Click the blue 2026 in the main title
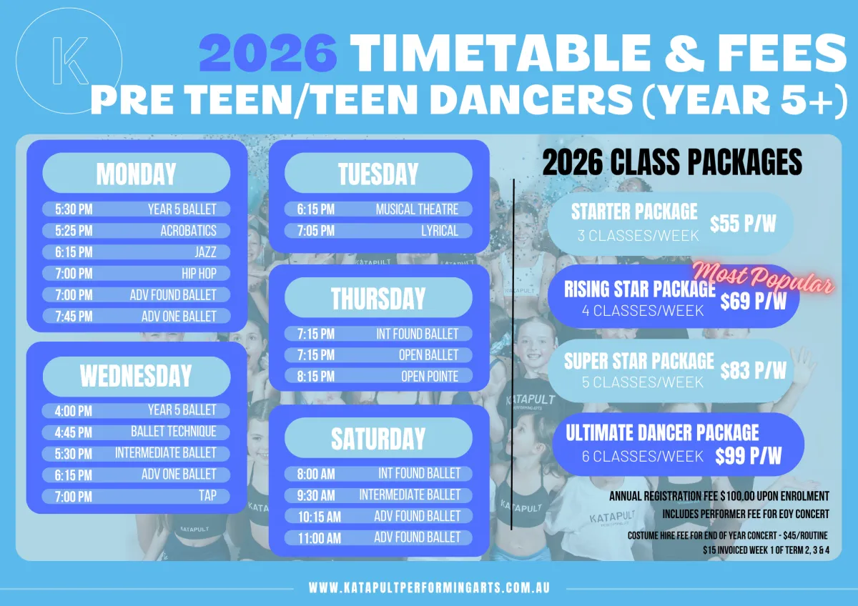coord(268,53)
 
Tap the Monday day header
coord(137,173)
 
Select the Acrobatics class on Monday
coord(137,230)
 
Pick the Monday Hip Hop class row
coord(137,273)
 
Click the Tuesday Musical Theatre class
coord(378,209)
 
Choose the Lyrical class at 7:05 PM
coord(378,230)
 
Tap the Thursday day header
coord(378,297)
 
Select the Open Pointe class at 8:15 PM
coord(378,376)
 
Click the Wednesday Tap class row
coord(136,496)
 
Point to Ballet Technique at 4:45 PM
coord(136,432)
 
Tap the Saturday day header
coord(378,438)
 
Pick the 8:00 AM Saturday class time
coord(316,474)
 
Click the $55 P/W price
coord(743,224)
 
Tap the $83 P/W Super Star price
coord(753,369)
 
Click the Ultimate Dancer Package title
coord(662,432)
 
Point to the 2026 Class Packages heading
coord(672,162)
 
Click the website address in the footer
coord(429,587)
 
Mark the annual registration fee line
coord(719,496)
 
